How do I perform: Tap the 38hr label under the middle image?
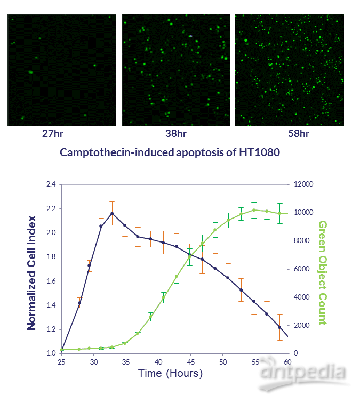point(176,133)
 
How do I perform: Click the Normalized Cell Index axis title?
point(31,272)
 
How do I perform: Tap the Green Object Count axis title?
point(323,272)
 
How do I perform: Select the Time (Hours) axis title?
point(170,373)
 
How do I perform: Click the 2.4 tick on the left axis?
point(51,184)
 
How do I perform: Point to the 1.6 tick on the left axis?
point(51,281)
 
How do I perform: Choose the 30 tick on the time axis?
point(94,361)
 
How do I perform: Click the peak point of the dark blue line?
point(112,213)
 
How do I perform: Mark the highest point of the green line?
point(254,209)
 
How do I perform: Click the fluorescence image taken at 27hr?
point(61,70)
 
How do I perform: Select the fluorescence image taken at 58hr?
point(289,70)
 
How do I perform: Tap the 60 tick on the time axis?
point(287,361)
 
